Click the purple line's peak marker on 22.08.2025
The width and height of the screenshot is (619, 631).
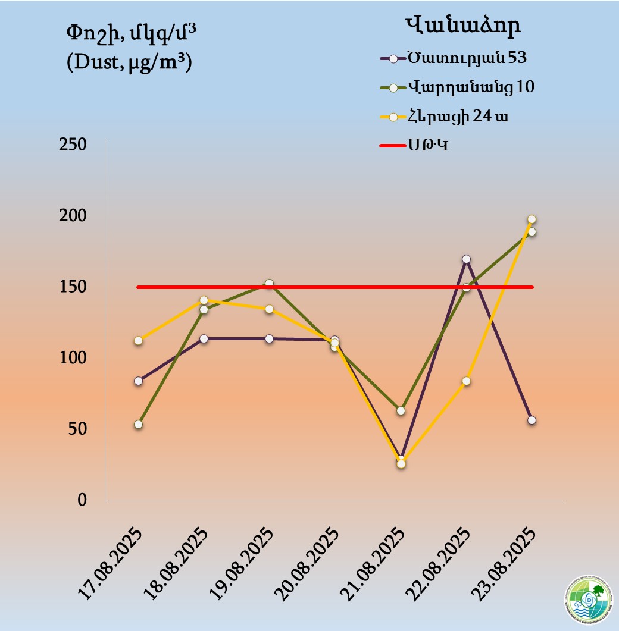coord(466,259)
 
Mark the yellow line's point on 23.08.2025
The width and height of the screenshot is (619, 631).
coord(532,219)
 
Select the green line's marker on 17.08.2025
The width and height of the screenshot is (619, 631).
coord(138,424)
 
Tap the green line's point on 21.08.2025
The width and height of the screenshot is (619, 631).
coord(401,410)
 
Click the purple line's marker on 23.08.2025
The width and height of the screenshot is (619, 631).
coord(532,420)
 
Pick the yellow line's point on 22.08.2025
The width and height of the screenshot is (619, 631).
coord(467,381)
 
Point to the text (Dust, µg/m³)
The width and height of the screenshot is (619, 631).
coord(130,62)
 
